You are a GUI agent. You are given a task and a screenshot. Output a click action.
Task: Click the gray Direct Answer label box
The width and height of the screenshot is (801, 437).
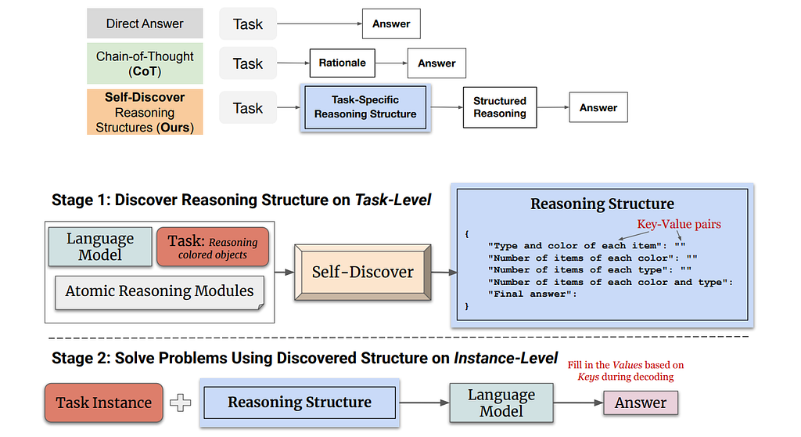click(145, 23)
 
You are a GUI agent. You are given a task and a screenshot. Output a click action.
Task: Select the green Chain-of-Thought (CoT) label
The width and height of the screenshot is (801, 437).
click(145, 63)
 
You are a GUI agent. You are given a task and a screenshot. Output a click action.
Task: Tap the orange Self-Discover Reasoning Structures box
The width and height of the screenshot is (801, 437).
click(145, 111)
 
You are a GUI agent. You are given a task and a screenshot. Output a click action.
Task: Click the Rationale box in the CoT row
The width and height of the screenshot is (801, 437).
click(343, 63)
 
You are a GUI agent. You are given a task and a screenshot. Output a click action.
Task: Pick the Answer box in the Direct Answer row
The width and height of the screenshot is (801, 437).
click(391, 24)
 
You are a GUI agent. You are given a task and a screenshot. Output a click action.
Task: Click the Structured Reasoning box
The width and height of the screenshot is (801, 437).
click(499, 107)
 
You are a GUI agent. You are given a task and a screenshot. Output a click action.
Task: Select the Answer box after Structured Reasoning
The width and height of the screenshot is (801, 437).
click(598, 108)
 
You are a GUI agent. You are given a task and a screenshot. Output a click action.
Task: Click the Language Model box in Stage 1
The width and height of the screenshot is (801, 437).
click(100, 247)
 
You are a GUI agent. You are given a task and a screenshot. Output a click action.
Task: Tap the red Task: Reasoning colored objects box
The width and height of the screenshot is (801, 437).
click(212, 247)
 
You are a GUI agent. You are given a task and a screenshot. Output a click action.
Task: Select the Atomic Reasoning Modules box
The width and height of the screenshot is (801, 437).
click(160, 291)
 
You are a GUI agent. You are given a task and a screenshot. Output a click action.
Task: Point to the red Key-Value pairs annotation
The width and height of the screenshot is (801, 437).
click(678, 224)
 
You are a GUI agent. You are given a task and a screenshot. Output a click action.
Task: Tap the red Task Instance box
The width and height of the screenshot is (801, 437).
click(104, 403)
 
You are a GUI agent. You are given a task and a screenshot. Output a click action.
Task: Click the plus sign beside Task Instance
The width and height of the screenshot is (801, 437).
click(181, 403)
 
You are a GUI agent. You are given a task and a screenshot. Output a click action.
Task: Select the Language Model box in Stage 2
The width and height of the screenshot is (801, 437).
click(501, 403)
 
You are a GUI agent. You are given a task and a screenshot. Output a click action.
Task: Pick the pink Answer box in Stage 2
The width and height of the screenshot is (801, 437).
click(640, 403)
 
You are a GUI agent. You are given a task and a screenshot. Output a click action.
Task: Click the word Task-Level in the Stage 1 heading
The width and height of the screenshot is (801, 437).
click(393, 200)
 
